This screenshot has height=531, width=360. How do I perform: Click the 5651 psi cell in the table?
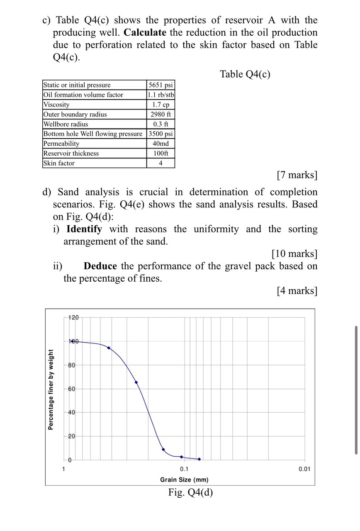click(x=161, y=85)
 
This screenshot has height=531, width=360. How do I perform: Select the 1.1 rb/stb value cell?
click(x=161, y=95)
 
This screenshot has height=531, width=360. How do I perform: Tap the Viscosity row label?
click(x=56, y=105)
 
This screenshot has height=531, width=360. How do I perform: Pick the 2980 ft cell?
click(x=161, y=114)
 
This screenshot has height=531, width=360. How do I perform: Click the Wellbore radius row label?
click(x=66, y=124)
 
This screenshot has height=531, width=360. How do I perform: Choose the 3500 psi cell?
click(x=161, y=134)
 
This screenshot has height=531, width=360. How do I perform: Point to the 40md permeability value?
click(x=161, y=144)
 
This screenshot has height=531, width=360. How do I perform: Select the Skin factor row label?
click(x=59, y=163)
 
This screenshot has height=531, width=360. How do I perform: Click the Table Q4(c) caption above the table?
click(x=245, y=74)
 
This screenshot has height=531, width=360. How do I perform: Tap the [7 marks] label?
click(x=297, y=175)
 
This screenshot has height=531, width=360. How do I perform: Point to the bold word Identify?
click(x=84, y=229)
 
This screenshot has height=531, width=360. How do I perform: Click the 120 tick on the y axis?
click(x=73, y=318)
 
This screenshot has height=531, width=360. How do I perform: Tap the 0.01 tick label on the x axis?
click(x=304, y=469)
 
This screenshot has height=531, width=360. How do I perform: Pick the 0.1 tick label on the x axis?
click(x=184, y=469)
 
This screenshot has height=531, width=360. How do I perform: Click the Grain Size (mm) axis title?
click(x=184, y=480)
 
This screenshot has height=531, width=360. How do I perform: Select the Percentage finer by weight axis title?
click(x=51, y=390)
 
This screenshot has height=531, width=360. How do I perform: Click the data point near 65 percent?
click(x=136, y=382)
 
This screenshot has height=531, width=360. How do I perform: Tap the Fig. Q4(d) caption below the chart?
click(x=190, y=492)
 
